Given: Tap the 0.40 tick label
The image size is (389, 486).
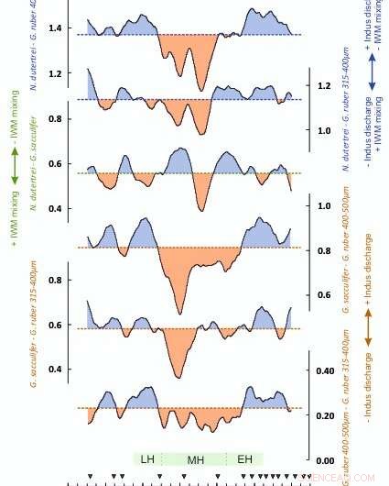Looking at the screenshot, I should click(x=325, y=371).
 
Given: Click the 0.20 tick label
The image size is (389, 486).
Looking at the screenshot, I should click(x=325, y=415).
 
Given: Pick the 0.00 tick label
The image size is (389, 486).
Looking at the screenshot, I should click(x=325, y=460).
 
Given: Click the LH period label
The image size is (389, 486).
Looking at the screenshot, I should click(x=147, y=459).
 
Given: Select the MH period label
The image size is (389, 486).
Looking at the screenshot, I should click(x=196, y=459).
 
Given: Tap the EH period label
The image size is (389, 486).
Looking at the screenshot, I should click(x=244, y=459).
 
